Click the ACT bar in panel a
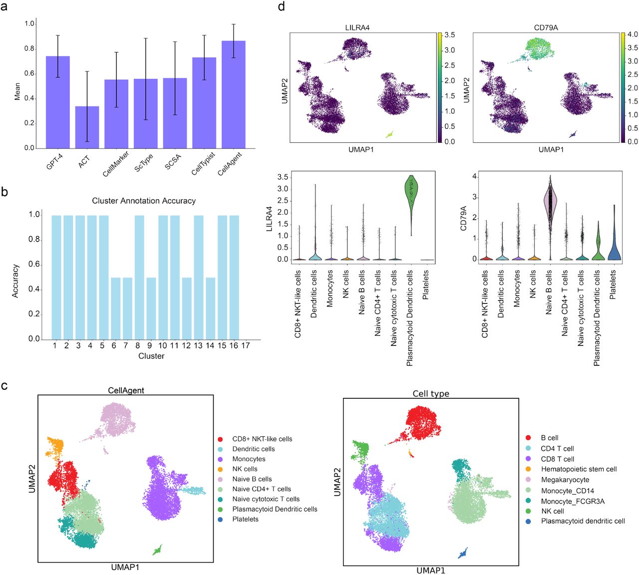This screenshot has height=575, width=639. (87, 127)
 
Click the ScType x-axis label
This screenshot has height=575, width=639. (144, 163)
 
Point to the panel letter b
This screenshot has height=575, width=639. (4, 191)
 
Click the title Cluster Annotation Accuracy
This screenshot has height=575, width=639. (144, 201)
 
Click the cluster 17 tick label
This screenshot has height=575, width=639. (246, 345)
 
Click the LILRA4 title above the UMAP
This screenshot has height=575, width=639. (357, 27)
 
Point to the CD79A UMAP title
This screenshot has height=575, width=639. (546, 27)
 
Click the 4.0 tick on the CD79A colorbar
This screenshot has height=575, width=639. (632, 34)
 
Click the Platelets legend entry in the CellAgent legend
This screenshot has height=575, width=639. (245, 519)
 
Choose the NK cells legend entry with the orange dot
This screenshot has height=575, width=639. (245, 469)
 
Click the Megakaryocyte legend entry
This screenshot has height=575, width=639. (565, 480)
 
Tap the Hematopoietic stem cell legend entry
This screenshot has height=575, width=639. (579, 469)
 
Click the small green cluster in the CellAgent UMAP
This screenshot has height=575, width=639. (157, 550)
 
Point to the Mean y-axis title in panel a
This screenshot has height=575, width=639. (17, 91)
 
